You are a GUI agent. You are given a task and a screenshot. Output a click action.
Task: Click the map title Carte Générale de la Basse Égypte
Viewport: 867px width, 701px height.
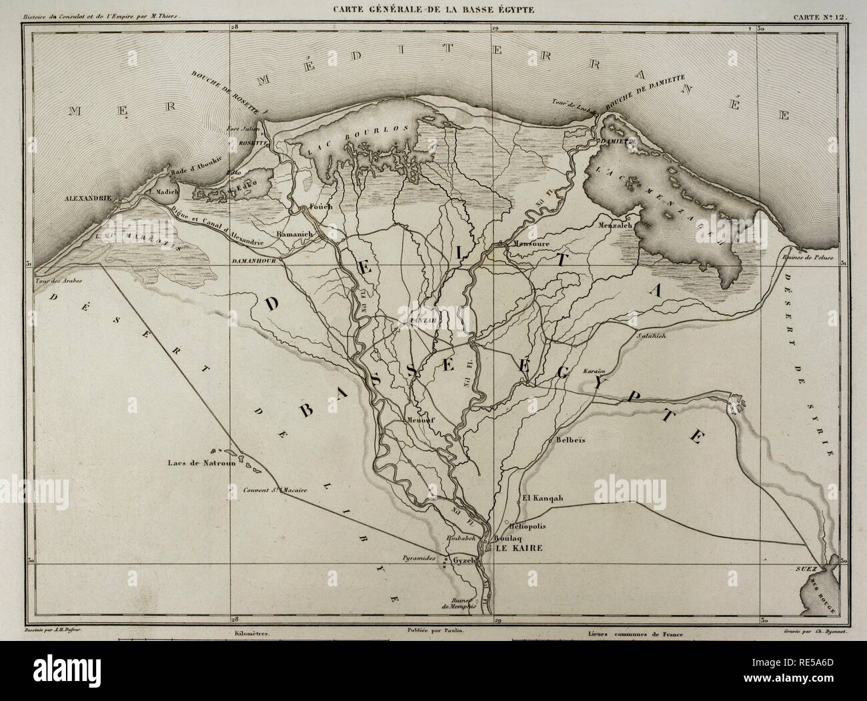pos(433,9)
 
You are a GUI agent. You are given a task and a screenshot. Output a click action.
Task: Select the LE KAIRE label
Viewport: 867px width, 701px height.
pos(515,548)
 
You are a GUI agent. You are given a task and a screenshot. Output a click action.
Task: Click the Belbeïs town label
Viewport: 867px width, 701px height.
pos(570,441)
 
